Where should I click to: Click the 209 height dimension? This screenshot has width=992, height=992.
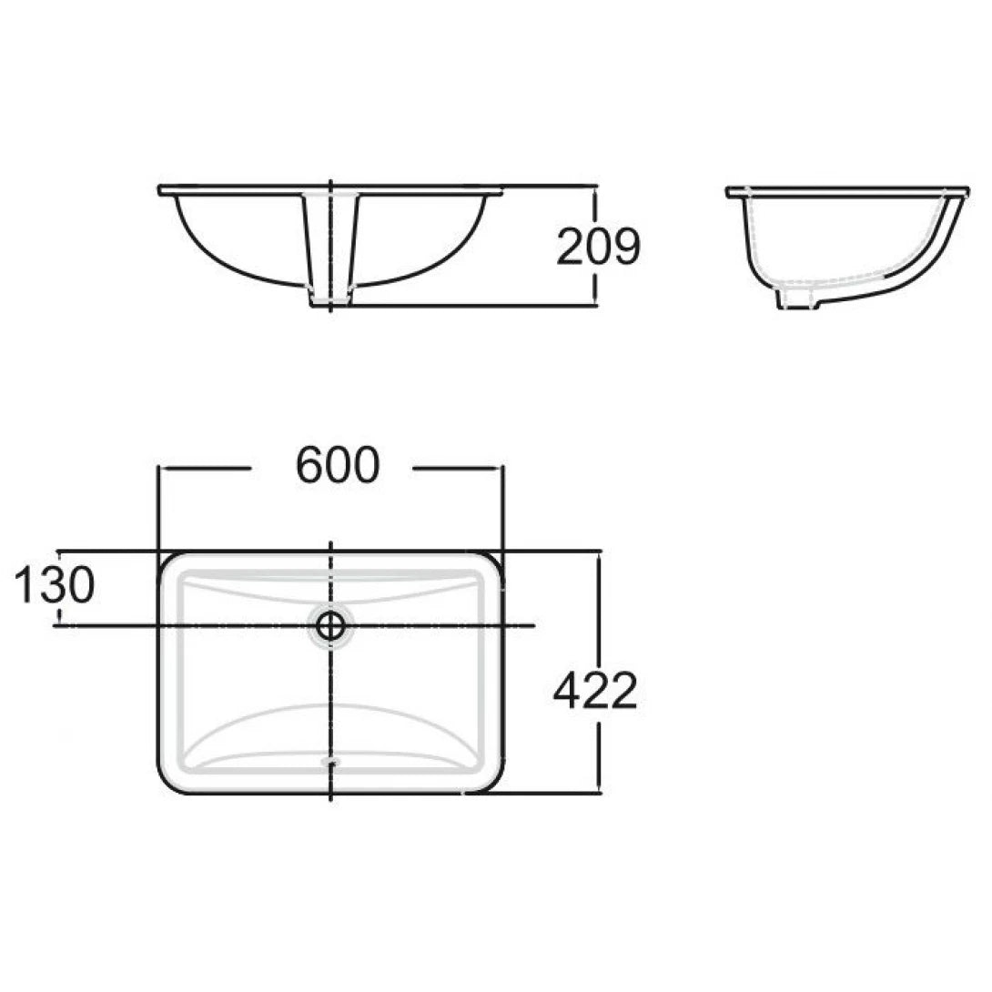click(598, 247)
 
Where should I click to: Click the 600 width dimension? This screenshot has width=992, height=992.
click(336, 467)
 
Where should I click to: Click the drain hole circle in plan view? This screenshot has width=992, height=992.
click(330, 625)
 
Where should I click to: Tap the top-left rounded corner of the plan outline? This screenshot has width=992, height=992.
click(167, 561)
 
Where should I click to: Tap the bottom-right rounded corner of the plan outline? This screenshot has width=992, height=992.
click(492, 784)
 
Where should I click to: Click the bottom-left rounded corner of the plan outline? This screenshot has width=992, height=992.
click(167, 784)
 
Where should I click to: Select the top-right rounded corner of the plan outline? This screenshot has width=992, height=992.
click(492, 561)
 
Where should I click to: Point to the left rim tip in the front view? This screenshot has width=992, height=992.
click(160, 190)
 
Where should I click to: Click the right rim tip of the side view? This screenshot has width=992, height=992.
click(967, 192)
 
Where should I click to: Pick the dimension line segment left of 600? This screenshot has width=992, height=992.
click(205, 469)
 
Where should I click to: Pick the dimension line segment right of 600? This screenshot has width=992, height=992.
click(455, 469)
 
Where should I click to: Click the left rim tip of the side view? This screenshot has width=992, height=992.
click(729, 192)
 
